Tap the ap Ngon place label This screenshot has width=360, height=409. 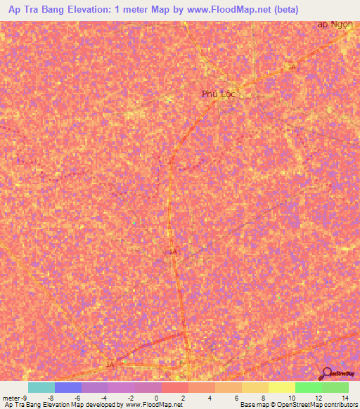click(x=334, y=24)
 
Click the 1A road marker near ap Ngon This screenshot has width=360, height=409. click(x=292, y=66)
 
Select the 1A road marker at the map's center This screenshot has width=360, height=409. click(x=172, y=251)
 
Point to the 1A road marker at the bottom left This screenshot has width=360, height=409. click(x=109, y=365)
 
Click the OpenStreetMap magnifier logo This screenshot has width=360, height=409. click(x=327, y=373)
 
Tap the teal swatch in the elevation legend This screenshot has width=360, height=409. click(x=41, y=387)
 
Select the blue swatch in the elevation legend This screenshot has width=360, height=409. click(x=67, y=387)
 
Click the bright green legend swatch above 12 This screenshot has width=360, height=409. click(x=308, y=387)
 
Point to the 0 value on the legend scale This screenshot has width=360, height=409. click(x=155, y=397)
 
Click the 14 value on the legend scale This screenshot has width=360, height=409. click(x=345, y=397)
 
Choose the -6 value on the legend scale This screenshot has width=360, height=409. click(x=75, y=397)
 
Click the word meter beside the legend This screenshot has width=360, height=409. click(x=10, y=397)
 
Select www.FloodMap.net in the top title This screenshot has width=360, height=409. click(x=226, y=10)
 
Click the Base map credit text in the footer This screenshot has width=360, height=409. click(x=254, y=405)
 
